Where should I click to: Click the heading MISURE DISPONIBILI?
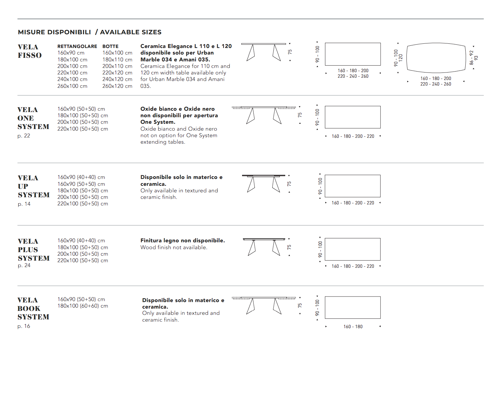click(x=54, y=32)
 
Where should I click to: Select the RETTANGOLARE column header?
click(x=77, y=46)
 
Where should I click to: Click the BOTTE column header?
click(x=111, y=46)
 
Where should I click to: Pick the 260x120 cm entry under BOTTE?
click(x=117, y=86)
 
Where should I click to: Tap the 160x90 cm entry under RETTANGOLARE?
click(x=71, y=53)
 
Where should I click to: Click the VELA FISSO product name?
click(x=29, y=51)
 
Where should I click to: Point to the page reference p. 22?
click(x=24, y=136)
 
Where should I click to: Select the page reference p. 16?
click(x=24, y=326)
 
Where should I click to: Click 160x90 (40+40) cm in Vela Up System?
click(x=81, y=177)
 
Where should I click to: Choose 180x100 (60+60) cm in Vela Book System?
click(x=83, y=306)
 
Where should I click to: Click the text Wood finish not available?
click(x=174, y=247)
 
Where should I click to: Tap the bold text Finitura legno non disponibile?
click(x=182, y=240)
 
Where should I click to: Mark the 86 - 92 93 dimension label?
click(x=473, y=58)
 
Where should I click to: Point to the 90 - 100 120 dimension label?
click(x=398, y=58)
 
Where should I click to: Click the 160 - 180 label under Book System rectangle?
click(x=353, y=327)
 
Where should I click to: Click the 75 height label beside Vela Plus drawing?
click(x=289, y=247)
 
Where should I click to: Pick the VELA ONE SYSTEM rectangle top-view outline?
click(x=353, y=117)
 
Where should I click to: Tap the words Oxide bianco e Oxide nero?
click(x=178, y=109)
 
